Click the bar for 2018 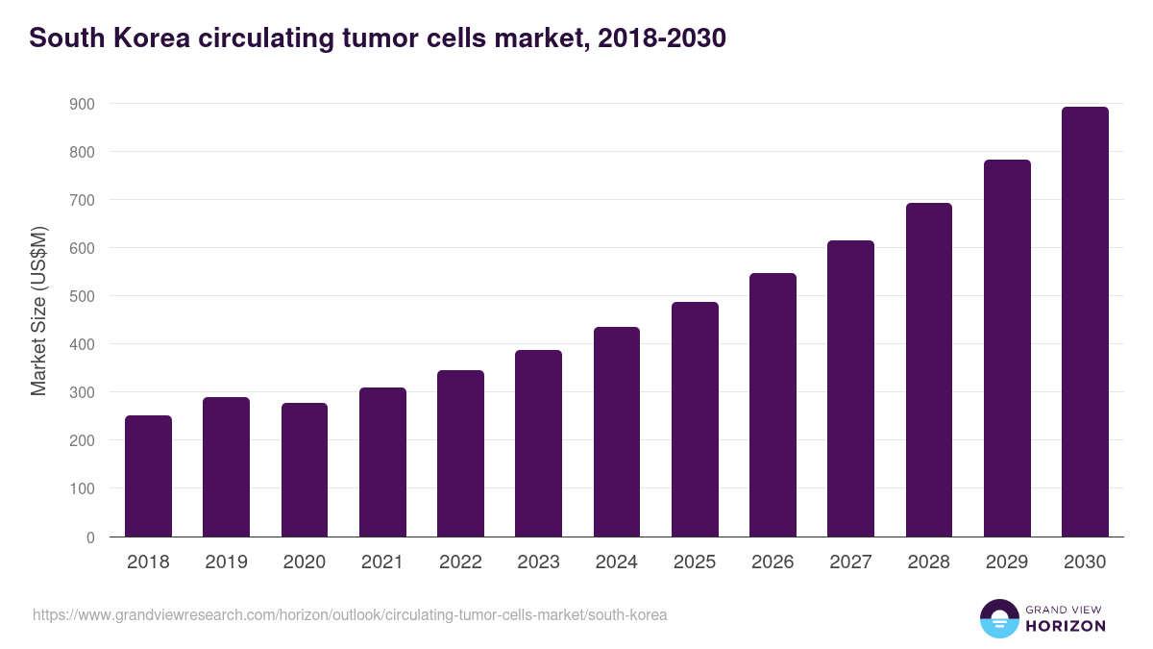tap(148, 476)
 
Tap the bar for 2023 tap(538, 443)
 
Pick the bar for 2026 tap(773, 405)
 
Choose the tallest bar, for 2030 tap(1085, 322)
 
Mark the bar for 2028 tap(929, 370)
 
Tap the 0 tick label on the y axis tap(90, 537)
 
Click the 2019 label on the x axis tap(226, 562)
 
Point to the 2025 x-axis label tap(695, 562)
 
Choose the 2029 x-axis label tap(1007, 562)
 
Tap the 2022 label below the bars tap(460, 562)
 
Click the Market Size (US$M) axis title tap(38, 311)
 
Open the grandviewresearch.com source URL tap(350, 614)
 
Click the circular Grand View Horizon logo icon tap(998, 618)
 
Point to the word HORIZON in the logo tap(1066, 626)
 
